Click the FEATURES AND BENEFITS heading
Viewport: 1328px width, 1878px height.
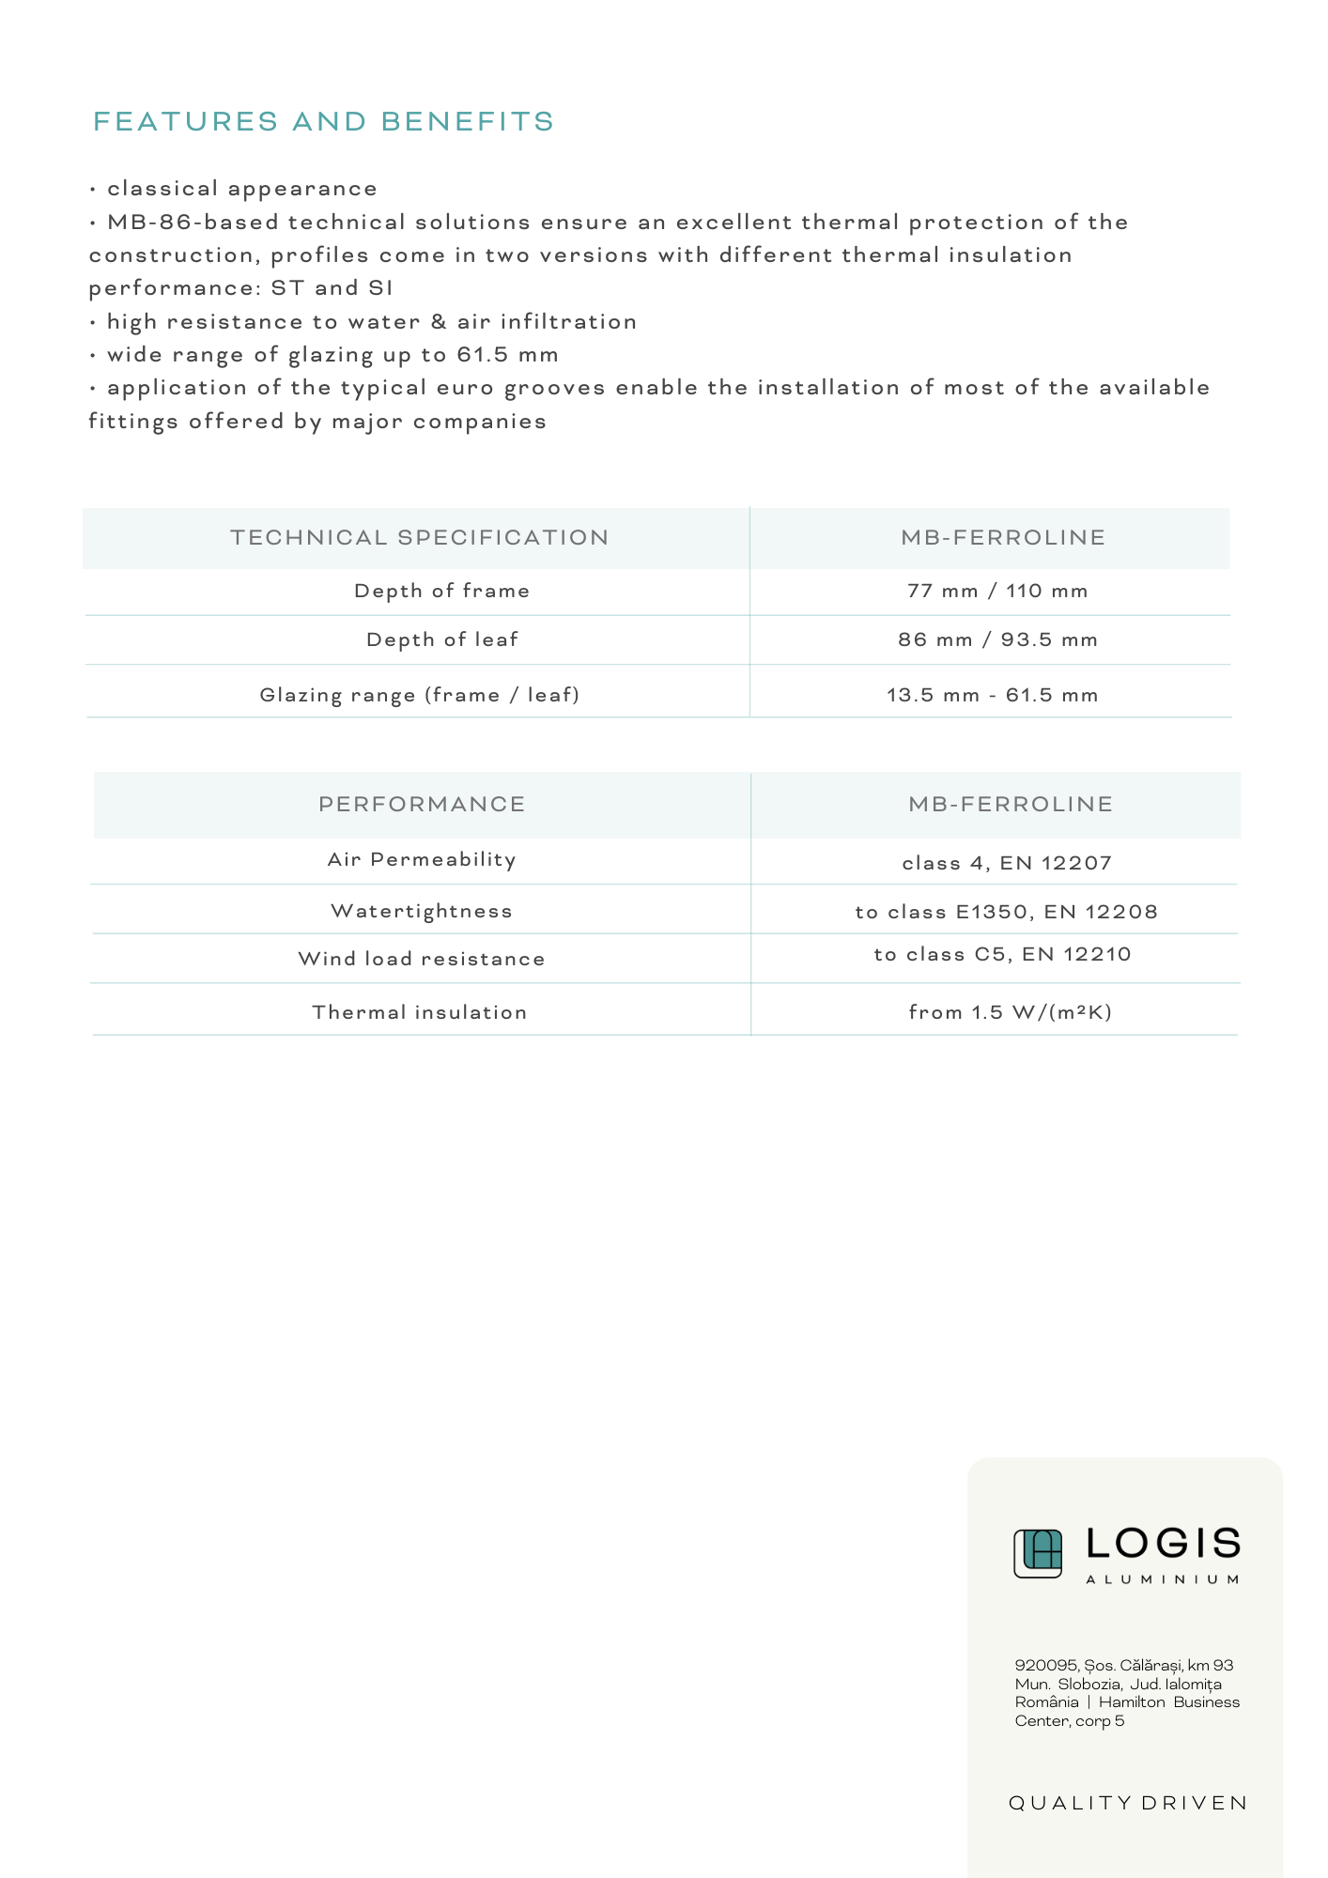point(324,122)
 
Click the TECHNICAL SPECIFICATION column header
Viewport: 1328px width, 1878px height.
point(420,538)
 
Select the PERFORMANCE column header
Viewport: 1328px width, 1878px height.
point(422,805)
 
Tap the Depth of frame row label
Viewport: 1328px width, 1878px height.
point(442,592)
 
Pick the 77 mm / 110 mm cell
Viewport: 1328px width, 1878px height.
point(997,592)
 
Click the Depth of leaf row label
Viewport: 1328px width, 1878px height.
point(442,640)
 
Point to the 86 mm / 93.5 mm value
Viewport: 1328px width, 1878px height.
point(997,640)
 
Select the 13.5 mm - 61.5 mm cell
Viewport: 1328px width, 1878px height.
point(993,696)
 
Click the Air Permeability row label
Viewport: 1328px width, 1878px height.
point(422,860)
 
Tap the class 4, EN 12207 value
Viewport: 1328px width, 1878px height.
point(1007,864)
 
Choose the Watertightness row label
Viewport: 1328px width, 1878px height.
point(422,912)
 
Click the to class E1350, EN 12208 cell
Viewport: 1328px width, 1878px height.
point(1006,913)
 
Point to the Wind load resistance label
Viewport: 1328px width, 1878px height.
point(422,960)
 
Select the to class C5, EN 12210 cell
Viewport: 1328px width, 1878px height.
point(1002,955)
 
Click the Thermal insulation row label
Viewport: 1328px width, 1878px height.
point(420,1013)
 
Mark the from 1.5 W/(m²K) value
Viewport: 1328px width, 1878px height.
point(1010,1012)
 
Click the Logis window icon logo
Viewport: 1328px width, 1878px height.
point(1038,1553)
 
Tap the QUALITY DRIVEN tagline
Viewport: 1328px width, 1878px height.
point(1128,1804)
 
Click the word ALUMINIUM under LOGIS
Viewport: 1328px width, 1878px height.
point(1163,1579)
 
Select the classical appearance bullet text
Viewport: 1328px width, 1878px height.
point(241,189)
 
